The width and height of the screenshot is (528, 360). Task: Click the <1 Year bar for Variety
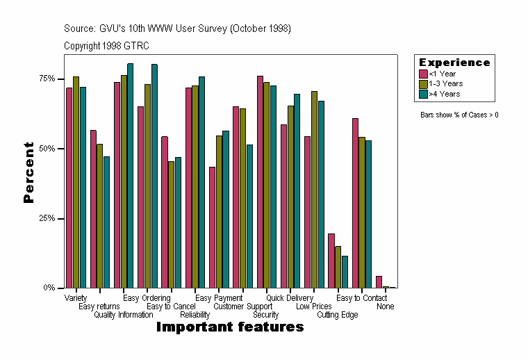pyautogui.click(x=69, y=188)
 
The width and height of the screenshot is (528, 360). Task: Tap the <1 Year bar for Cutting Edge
pyautogui.click(x=331, y=261)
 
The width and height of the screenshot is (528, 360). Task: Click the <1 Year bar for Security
pyautogui.click(x=260, y=181)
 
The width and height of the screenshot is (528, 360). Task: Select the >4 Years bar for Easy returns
pyautogui.click(x=106, y=222)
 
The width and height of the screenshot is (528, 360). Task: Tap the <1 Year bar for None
pyautogui.click(x=379, y=281)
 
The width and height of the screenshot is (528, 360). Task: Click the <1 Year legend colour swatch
pyautogui.click(x=422, y=74)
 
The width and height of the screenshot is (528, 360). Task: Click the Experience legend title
pyautogui.click(x=454, y=63)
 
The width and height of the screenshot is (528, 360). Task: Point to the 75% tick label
pyautogui.click(x=47, y=79)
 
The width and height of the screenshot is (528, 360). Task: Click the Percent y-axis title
pyautogui.click(x=28, y=172)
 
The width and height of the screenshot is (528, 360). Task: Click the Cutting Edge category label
pyautogui.click(x=338, y=315)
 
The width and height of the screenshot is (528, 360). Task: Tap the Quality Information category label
pyautogui.click(x=124, y=315)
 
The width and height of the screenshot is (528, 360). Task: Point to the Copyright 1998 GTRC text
pyautogui.click(x=106, y=46)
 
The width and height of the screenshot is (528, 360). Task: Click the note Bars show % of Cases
pyautogui.click(x=459, y=115)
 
